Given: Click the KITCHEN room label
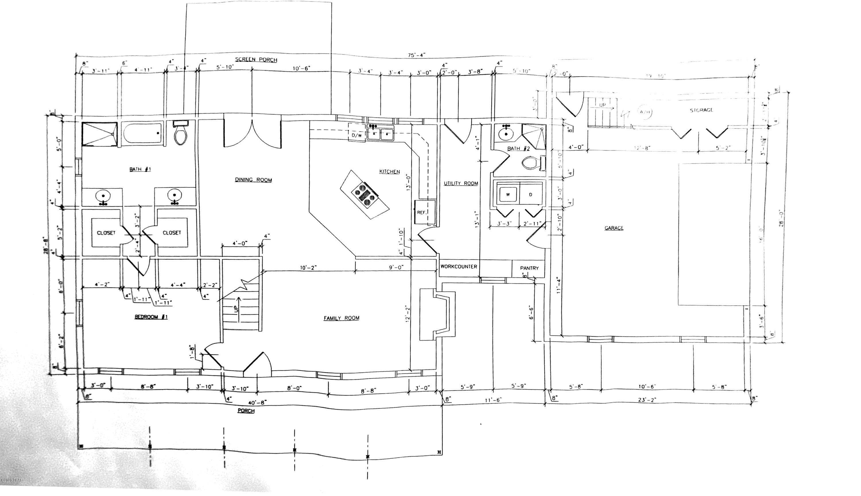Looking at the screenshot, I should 389,172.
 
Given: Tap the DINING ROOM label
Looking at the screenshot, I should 253,180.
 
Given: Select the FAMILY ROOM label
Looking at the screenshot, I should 341,318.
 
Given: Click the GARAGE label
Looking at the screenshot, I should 614,228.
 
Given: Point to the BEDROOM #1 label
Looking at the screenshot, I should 151,317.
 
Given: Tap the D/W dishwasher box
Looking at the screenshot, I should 356,135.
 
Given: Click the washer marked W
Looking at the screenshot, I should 508,195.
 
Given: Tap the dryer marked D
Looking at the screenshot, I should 530,195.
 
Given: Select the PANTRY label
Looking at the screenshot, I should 529,268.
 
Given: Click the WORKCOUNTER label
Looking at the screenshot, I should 458,266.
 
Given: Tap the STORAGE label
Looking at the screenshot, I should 701,110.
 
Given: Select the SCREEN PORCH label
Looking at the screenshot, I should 256,60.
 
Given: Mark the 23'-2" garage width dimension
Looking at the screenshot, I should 647,400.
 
